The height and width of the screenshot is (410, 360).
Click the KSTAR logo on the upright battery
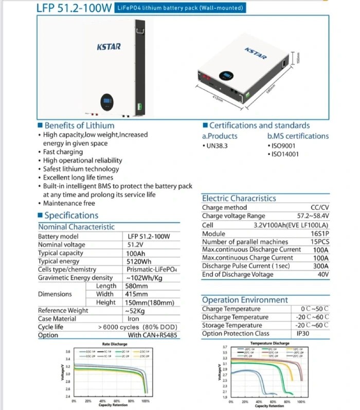tap(109, 47)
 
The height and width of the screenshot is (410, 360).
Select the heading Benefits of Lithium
tap(79, 125)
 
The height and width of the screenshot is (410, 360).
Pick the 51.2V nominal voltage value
tap(136, 245)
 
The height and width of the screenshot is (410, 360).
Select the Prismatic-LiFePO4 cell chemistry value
tap(152, 270)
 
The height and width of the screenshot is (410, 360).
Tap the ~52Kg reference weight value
tap(136, 311)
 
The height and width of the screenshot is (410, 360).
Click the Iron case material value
tap(133, 319)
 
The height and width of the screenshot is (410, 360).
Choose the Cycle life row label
tap(50, 327)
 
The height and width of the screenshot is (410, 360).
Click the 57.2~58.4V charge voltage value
tap(313, 216)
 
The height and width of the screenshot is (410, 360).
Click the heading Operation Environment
tap(245, 299)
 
